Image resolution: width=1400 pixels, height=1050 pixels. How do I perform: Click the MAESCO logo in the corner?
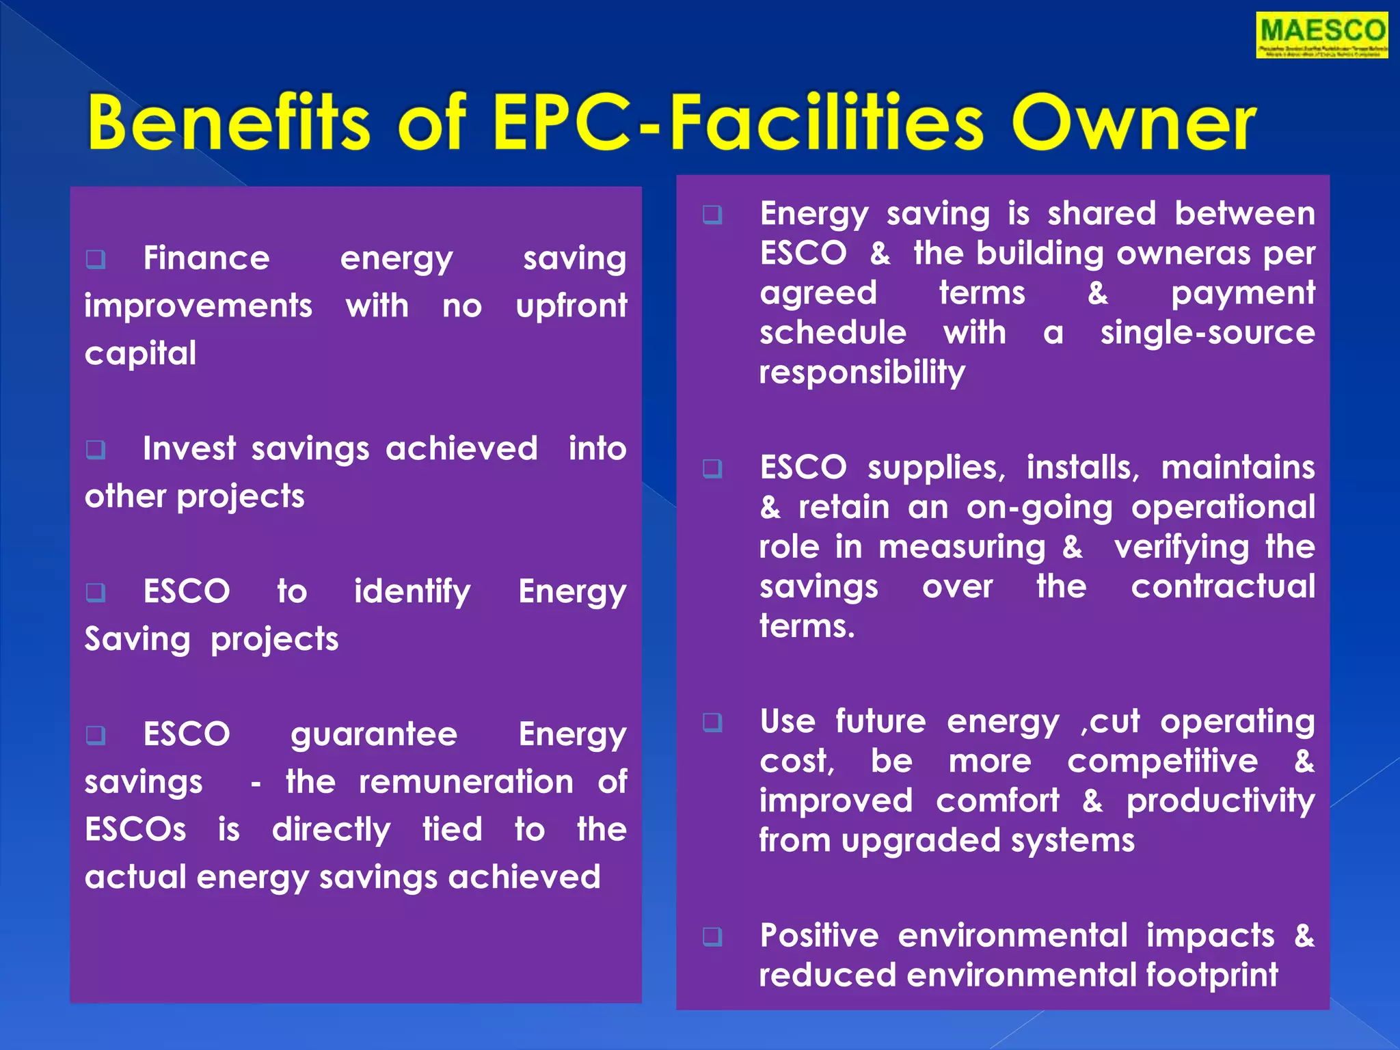[1321, 35]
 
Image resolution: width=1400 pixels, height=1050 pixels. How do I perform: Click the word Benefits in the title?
[229, 123]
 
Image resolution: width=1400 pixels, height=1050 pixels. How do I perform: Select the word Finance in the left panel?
[206, 258]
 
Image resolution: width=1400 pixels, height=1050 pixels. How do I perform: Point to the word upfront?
[571, 306]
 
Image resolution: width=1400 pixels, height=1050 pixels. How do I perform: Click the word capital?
[140, 353]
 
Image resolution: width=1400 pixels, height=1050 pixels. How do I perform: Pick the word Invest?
[189, 449]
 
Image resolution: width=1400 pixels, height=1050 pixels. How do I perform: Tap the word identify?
[412, 592]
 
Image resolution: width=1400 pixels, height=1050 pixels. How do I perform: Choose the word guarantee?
[374, 735]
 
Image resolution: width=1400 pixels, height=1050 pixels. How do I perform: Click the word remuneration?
[466, 782]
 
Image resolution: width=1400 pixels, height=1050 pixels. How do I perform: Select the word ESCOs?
[135, 830]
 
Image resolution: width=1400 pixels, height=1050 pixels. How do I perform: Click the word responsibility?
[862, 373]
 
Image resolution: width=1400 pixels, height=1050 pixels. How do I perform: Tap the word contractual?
[1222, 587]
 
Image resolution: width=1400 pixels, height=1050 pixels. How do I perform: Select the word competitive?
[1162, 762]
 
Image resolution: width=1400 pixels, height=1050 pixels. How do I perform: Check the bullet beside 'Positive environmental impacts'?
[712, 936]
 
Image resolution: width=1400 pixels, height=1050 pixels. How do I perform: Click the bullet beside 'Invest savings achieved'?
[96, 449]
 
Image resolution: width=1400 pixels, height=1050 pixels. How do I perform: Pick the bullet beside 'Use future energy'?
[712, 722]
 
